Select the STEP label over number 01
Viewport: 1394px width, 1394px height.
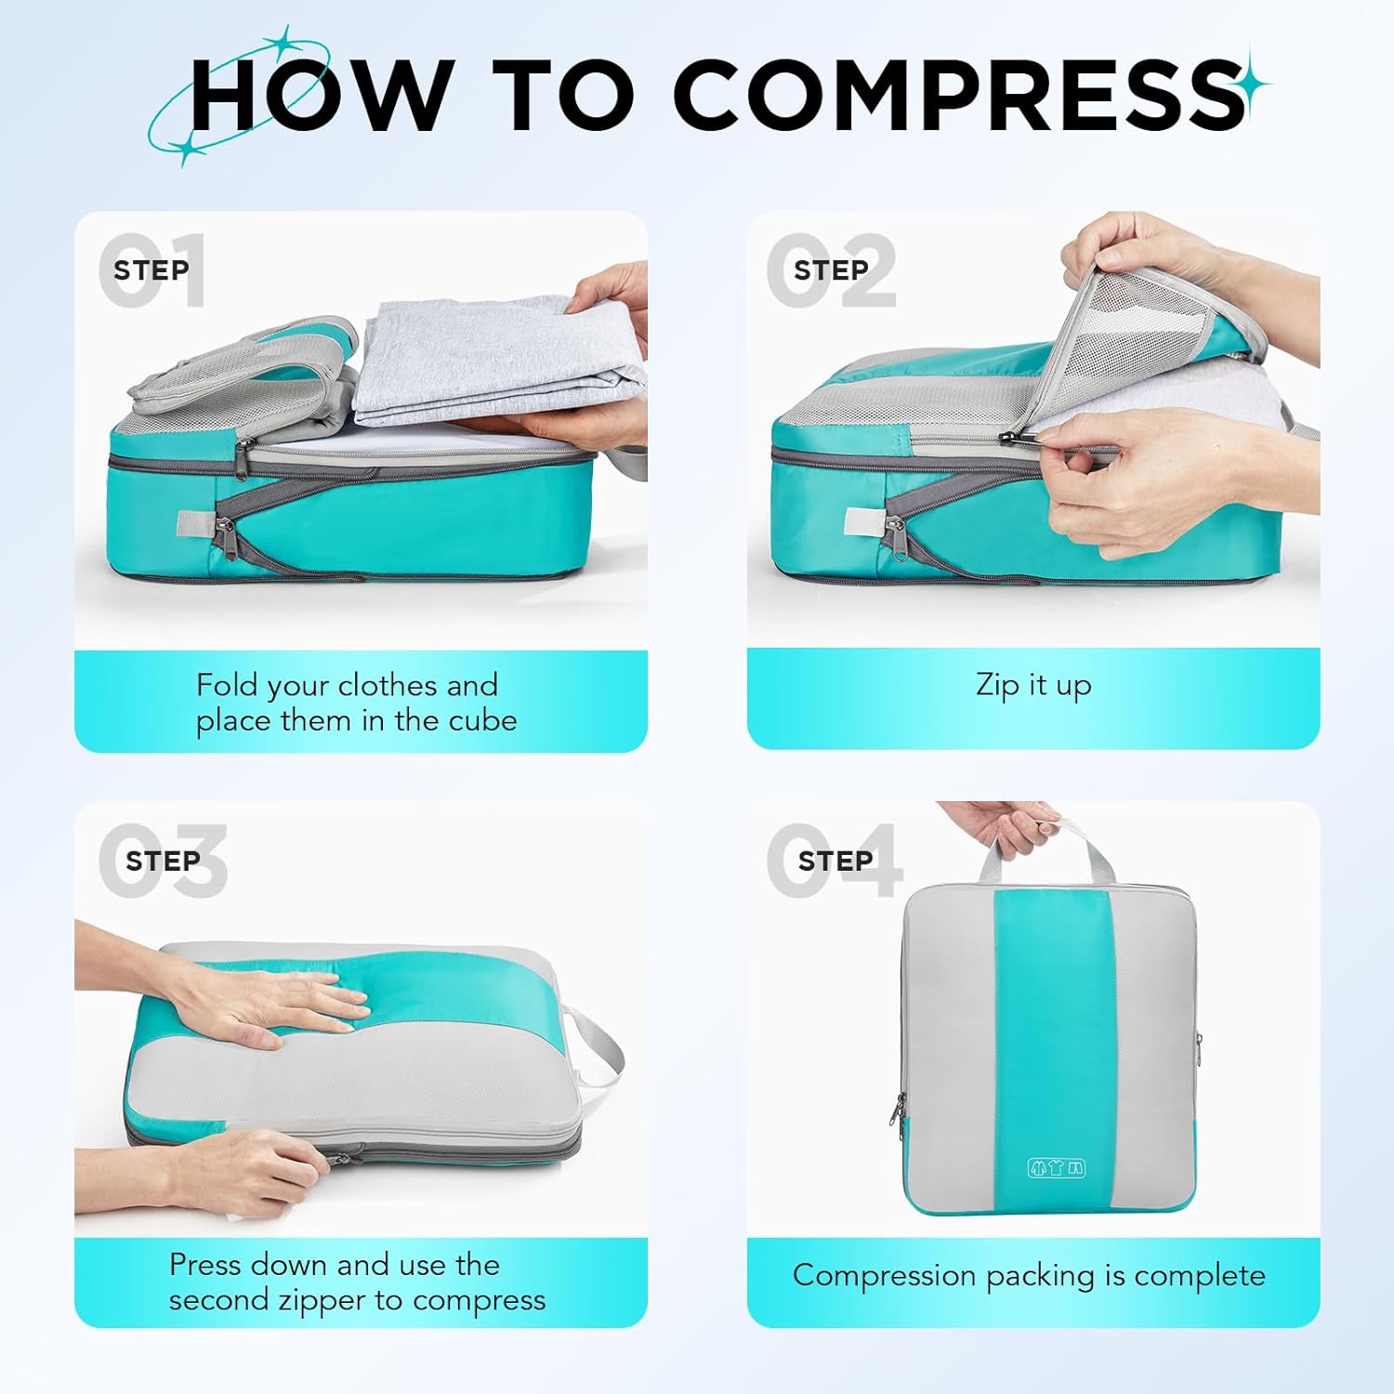(151, 270)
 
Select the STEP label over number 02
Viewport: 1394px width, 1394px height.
(831, 270)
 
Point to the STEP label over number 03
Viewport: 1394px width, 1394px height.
(163, 861)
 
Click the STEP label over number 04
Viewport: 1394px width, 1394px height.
(835, 861)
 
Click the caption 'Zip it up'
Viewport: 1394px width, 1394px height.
(1033, 686)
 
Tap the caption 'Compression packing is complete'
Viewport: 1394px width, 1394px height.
(1029, 1276)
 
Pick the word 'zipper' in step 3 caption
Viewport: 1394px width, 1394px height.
(317, 1301)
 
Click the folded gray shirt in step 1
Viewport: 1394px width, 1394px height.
(497, 362)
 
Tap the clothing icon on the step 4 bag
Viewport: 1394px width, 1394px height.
(1056, 1168)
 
